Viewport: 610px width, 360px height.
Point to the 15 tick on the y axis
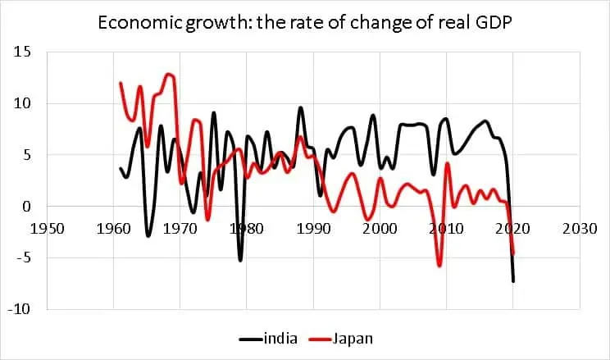22,52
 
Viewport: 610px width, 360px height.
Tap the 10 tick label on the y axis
22,103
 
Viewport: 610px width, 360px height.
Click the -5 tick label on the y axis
22,257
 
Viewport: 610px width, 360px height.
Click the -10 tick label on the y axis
20,309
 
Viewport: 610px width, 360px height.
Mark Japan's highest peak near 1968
169,75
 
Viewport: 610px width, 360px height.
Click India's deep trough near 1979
240,260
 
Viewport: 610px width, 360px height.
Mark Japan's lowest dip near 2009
439,266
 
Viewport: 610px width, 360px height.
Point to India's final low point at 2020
513,281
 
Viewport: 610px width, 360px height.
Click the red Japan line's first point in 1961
121,83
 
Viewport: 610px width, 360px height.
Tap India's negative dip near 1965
148,235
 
